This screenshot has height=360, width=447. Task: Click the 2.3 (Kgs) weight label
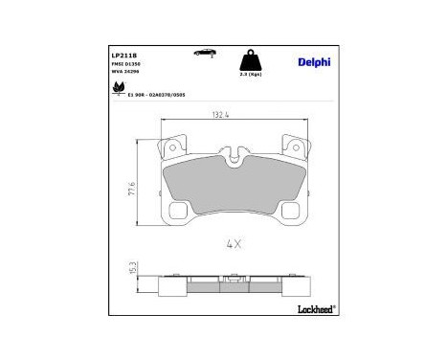coord(252,74)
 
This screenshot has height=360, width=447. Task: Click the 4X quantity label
coord(233,243)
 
